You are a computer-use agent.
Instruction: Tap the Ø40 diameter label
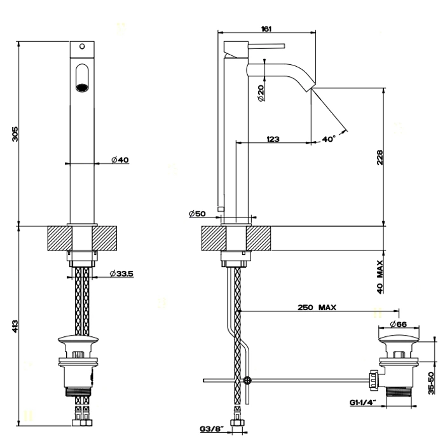pyautogui.click(x=120, y=160)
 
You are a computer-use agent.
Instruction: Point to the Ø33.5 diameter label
pyautogui.click(x=120, y=273)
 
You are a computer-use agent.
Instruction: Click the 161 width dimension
pyautogui.click(x=267, y=27)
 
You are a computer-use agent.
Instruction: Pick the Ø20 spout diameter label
pyautogui.click(x=261, y=93)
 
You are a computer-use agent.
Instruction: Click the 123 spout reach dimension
pyautogui.click(x=273, y=138)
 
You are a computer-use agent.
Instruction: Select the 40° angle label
pyautogui.click(x=329, y=139)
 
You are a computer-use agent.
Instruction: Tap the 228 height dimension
pyautogui.click(x=380, y=157)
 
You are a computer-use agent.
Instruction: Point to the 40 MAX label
pyautogui.click(x=380, y=275)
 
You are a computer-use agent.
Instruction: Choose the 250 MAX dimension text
pyautogui.click(x=317, y=307)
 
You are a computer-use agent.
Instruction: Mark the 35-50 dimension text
pyautogui.click(x=430, y=383)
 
